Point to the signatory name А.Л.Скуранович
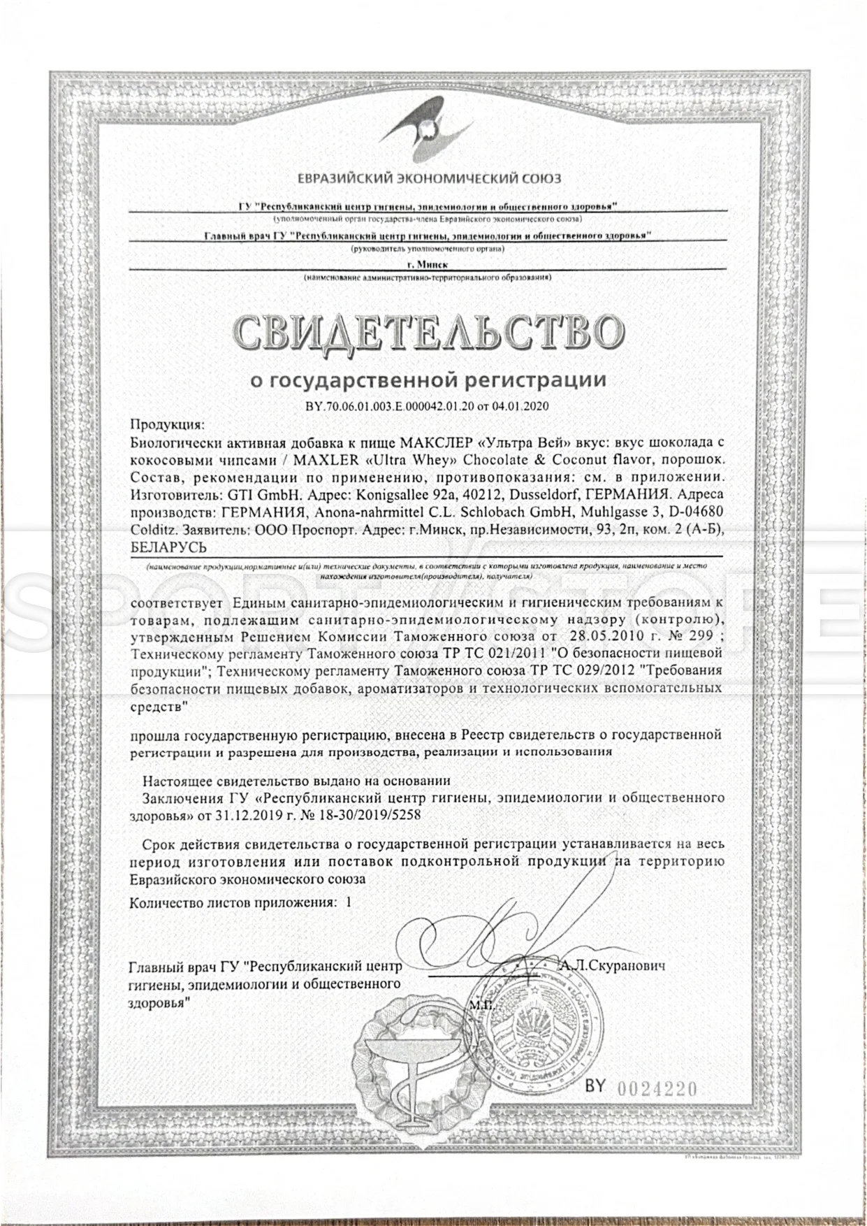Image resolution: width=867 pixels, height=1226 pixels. [613, 965]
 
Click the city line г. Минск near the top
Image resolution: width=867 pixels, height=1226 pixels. [428, 265]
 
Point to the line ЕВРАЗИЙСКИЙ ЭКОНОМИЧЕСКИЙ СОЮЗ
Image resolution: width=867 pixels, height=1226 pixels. [429, 178]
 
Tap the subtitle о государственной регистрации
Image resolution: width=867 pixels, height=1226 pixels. [428, 380]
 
